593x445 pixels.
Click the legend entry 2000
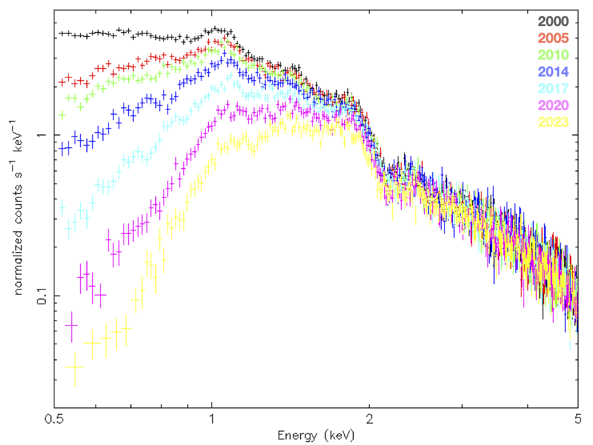[553, 22]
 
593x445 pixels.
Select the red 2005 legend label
[553, 39]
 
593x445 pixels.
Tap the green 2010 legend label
[553, 56]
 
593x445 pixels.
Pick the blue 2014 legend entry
[553, 72]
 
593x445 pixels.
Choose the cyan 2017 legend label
[553, 89]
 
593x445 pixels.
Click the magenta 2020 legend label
[553, 105]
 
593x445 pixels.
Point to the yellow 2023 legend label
[553, 122]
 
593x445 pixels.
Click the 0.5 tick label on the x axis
[56, 419]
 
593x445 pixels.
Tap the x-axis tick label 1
[212, 419]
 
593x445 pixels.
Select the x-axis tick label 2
[369, 419]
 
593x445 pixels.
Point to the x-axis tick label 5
[577, 419]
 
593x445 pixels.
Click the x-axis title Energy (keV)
[316, 435]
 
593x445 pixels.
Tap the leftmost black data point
[63, 34]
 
